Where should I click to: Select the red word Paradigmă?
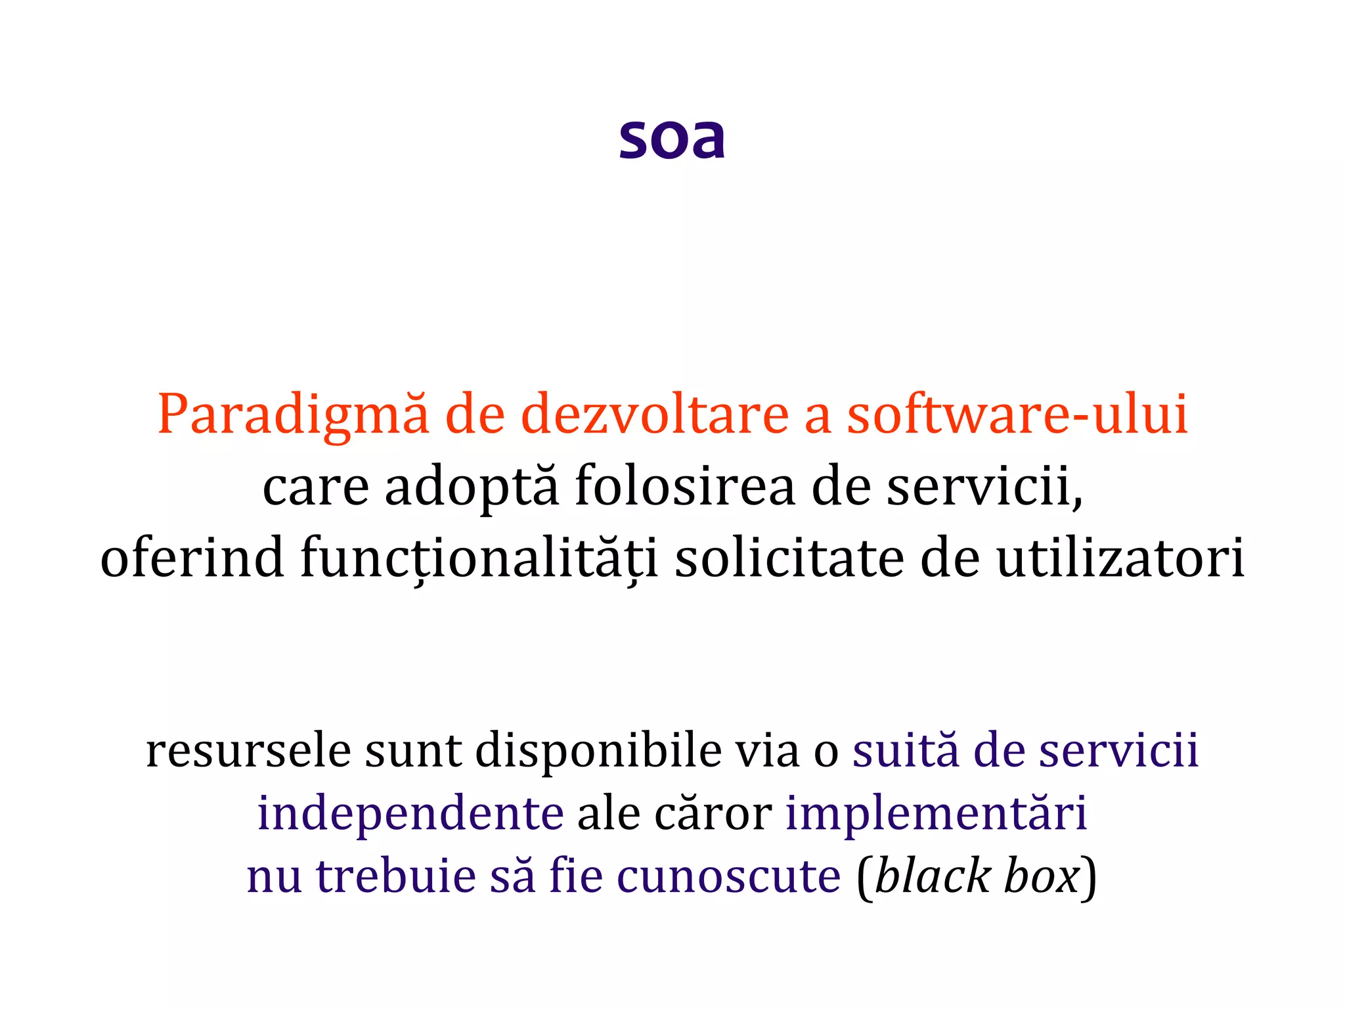pyautogui.click(x=293, y=415)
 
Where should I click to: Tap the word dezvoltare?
pyautogui.click(x=655, y=415)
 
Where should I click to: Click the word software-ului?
pyautogui.click(x=1017, y=415)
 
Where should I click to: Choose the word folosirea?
pyautogui.click(x=685, y=487)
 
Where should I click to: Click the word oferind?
pyautogui.click(x=192, y=558)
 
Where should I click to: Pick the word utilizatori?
pyautogui.click(x=1120, y=558)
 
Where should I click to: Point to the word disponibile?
pyautogui.click(x=598, y=751)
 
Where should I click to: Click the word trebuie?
pyautogui.click(x=396, y=876)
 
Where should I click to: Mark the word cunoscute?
pyautogui.click(x=728, y=876)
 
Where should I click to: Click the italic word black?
pyautogui.click(x=933, y=876)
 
